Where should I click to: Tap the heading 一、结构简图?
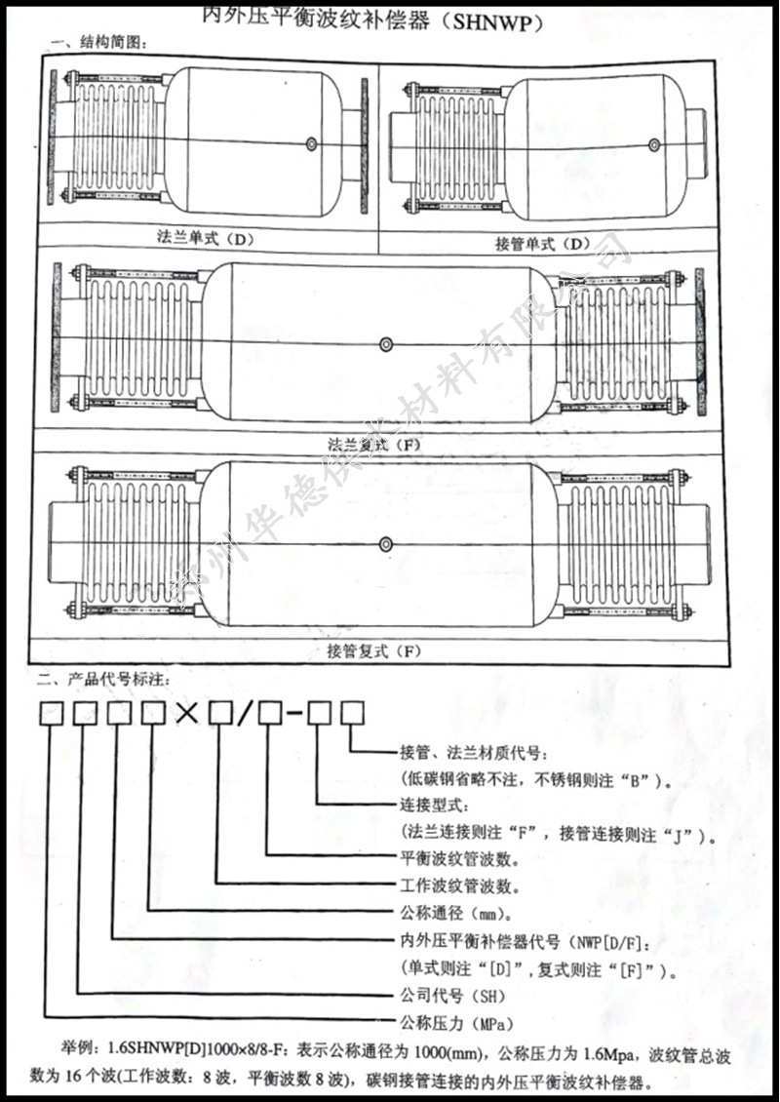(x=97, y=43)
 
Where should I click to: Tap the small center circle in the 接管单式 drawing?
(x=652, y=145)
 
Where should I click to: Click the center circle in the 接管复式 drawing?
(x=388, y=541)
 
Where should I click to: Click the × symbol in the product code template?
(x=187, y=714)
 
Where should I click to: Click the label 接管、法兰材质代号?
(x=467, y=754)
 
